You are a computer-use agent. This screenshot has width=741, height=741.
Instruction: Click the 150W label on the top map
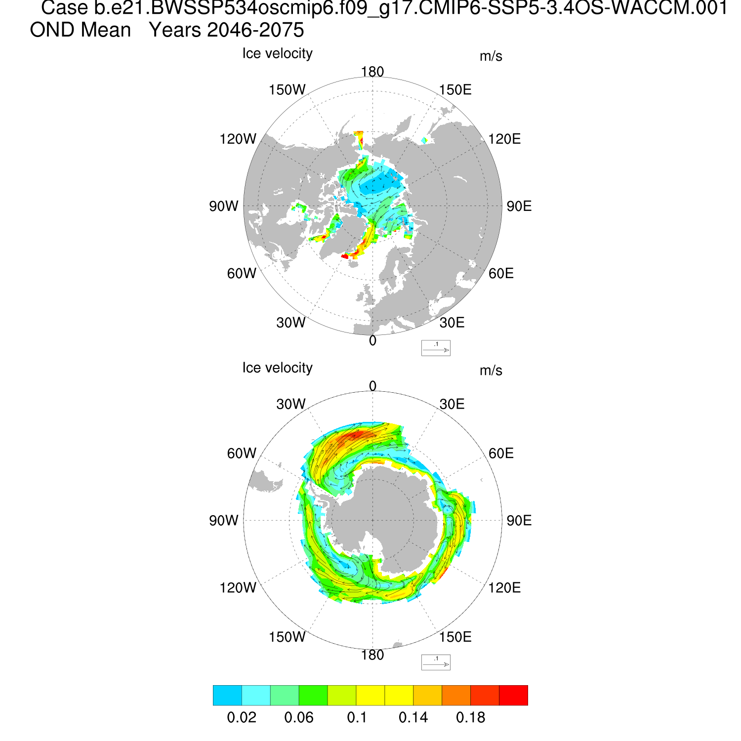pyautogui.click(x=287, y=90)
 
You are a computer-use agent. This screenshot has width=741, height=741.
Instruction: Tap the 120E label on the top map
pyautogui.click(x=504, y=139)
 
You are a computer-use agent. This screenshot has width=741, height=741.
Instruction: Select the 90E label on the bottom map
pyautogui.click(x=519, y=521)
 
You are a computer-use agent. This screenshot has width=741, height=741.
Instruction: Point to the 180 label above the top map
pyautogui.click(x=372, y=72)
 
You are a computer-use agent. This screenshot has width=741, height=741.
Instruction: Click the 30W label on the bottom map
pyautogui.click(x=291, y=404)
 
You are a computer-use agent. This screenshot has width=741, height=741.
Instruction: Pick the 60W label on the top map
pyautogui.click(x=242, y=273)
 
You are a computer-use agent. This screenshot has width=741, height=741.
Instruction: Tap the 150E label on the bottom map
pyautogui.click(x=455, y=637)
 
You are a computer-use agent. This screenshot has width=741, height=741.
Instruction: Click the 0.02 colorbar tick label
pyautogui.click(x=242, y=718)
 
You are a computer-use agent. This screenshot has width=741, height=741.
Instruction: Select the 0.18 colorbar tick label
pyautogui.click(x=470, y=718)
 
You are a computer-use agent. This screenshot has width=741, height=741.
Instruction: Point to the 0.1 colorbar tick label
pyautogui.click(x=357, y=718)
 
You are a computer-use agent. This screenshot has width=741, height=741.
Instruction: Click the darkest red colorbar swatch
pyautogui.click(x=513, y=695)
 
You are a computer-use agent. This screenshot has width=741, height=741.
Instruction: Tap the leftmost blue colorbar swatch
pyautogui.click(x=227, y=695)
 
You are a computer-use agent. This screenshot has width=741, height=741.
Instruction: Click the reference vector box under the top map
pyautogui.click(x=436, y=348)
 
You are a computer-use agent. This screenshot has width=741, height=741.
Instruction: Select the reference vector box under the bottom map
pyautogui.click(x=436, y=662)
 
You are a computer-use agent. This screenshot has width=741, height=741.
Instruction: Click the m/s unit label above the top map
pyautogui.click(x=491, y=56)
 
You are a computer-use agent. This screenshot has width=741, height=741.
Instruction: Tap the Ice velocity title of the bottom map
pyautogui.click(x=277, y=368)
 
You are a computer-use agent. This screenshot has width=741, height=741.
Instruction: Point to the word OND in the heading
pyautogui.click(x=49, y=31)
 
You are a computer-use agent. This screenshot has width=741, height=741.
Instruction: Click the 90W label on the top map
pyautogui.click(x=223, y=206)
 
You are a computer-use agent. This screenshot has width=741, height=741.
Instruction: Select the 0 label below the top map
pyautogui.click(x=372, y=341)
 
